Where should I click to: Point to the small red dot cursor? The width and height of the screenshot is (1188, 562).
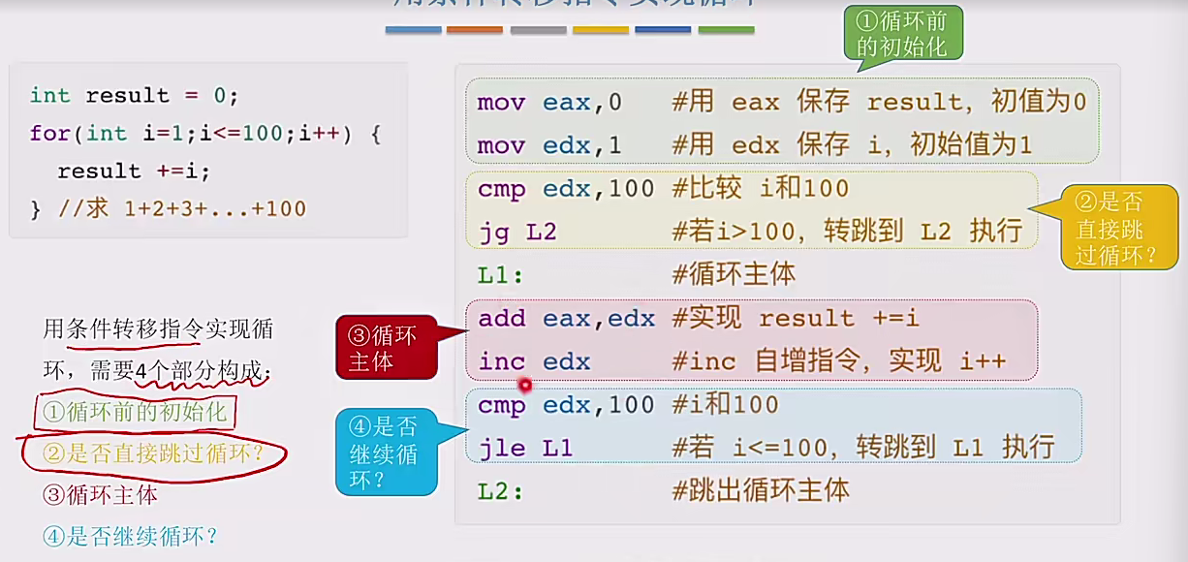click(526, 384)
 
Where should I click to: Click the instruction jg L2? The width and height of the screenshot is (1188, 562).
click(516, 232)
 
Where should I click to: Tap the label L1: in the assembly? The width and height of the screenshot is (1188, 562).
click(500, 275)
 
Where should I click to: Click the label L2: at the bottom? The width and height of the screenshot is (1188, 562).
click(500, 491)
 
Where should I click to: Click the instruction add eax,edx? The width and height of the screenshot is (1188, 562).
click(566, 319)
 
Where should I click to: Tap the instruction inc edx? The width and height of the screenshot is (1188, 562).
click(534, 361)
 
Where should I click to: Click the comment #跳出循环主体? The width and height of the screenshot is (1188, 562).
click(760, 491)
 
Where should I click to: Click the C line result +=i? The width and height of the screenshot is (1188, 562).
click(133, 172)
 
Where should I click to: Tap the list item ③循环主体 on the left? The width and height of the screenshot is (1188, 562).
click(100, 495)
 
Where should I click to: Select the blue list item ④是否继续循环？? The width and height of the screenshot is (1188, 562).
click(130, 536)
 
